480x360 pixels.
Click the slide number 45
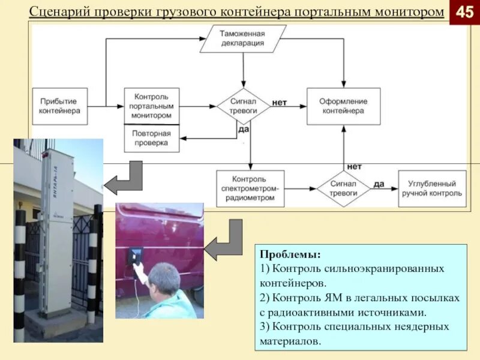pos(465,12)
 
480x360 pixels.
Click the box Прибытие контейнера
pos(59,106)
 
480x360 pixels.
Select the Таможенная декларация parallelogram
pos(242,38)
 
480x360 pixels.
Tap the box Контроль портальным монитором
pos(152,106)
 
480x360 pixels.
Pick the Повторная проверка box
pos(152,138)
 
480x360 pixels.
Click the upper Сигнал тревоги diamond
pos(243,106)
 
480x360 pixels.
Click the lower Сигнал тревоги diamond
pos(343,188)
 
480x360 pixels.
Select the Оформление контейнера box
pos(343,106)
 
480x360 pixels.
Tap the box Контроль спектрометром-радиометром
pos(250,188)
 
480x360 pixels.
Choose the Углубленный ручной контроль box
pos(432,188)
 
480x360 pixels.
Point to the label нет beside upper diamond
pos(280,103)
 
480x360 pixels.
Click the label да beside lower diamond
pos(379,184)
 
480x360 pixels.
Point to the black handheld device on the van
pos(134,254)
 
